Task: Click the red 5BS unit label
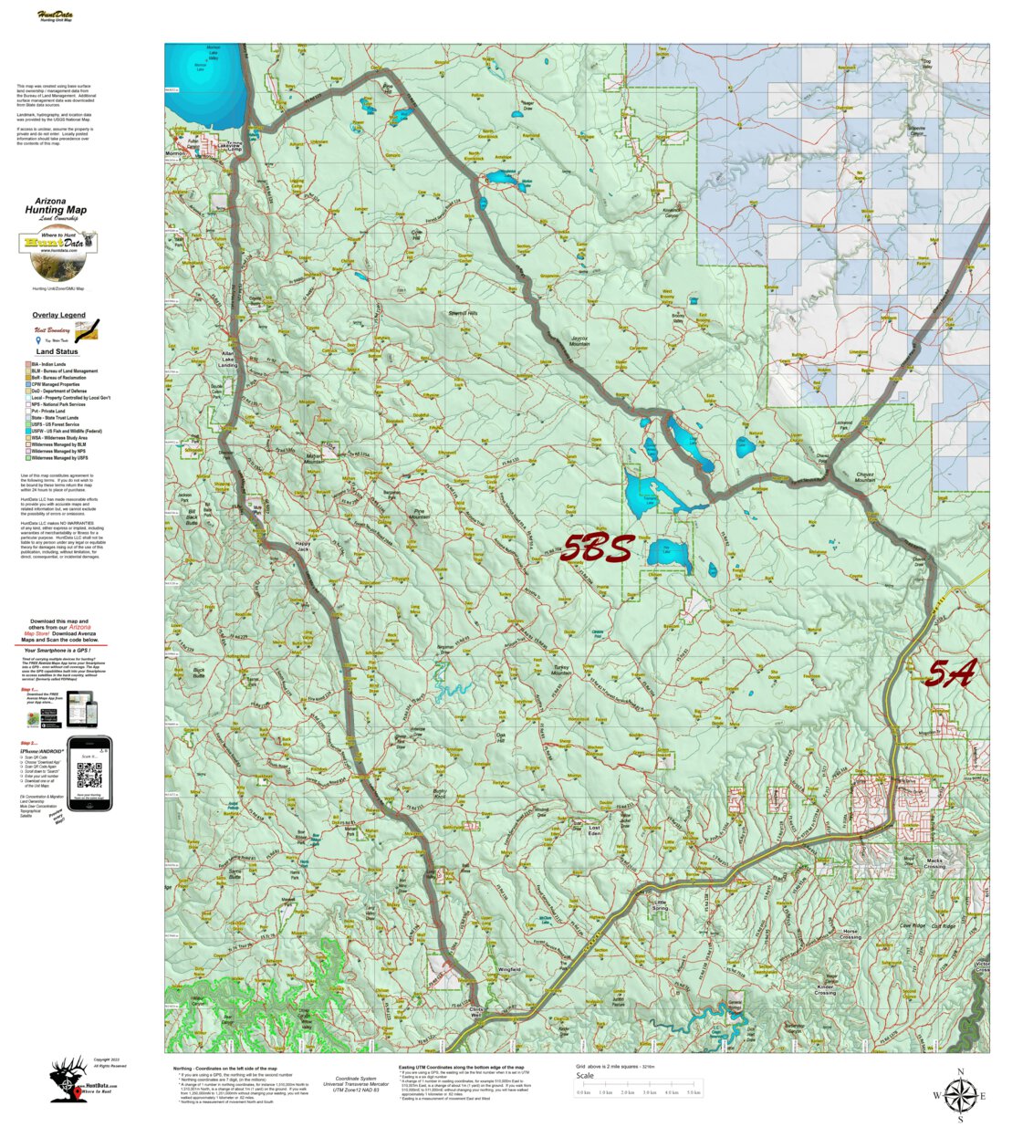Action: (597, 548)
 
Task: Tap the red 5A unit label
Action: (950, 673)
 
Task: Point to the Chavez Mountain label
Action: (865, 477)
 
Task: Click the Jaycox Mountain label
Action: (580, 341)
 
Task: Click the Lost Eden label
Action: (594, 831)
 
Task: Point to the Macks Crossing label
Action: (934, 863)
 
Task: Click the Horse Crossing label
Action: (850, 934)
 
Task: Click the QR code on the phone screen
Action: (89, 776)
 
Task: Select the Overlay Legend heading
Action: (58, 315)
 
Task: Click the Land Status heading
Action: (57, 351)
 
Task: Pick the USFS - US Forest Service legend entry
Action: (55, 424)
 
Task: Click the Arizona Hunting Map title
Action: (57, 206)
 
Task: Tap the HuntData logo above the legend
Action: (57, 244)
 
